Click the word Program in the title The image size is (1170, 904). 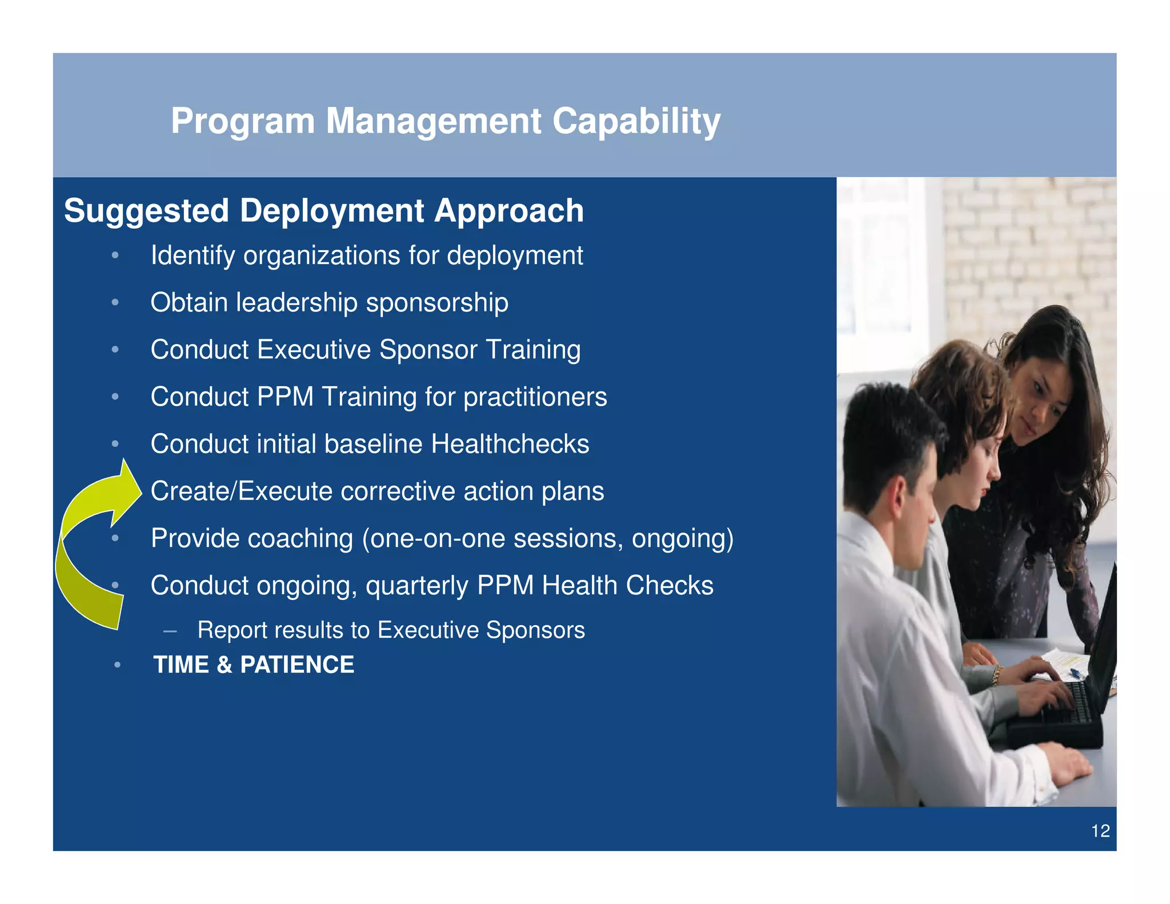pyautogui.click(x=243, y=121)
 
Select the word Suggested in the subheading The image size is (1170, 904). pyautogui.click(x=146, y=211)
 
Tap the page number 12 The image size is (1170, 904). pyautogui.click(x=1100, y=830)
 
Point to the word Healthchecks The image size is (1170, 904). pyautogui.click(x=510, y=444)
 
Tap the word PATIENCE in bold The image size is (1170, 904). pyautogui.click(x=297, y=665)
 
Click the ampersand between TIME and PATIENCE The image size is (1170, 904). pyautogui.click(x=225, y=665)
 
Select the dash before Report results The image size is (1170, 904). pyautogui.click(x=169, y=631)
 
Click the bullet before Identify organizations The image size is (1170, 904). pyautogui.click(x=115, y=255)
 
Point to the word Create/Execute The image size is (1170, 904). pyautogui.click(x=241, y=491)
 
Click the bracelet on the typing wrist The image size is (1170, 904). pyautogui.click(x=997, y=675)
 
